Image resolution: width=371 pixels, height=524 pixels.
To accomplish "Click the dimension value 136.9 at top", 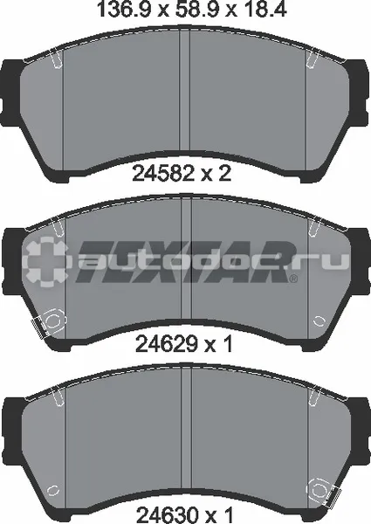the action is tap(123, 10).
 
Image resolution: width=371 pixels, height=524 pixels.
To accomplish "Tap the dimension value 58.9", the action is tap(198, 10).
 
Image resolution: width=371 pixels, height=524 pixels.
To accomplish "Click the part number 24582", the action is tap(163, 174).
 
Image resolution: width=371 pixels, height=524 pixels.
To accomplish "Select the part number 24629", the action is tap(166, 343).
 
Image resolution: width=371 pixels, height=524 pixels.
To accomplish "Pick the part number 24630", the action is tap(168, 515).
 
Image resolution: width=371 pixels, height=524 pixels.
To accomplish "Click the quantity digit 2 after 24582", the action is tap(224, 174).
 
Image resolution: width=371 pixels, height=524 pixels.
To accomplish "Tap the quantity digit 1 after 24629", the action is tap(228, 343).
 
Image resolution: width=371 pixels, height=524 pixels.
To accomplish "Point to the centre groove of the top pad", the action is tap(185, 89).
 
